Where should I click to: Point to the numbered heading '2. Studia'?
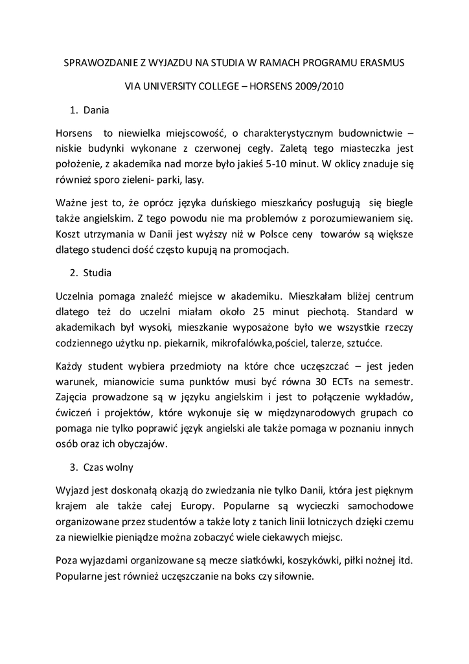pyautogui.click(x=90, y=272)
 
